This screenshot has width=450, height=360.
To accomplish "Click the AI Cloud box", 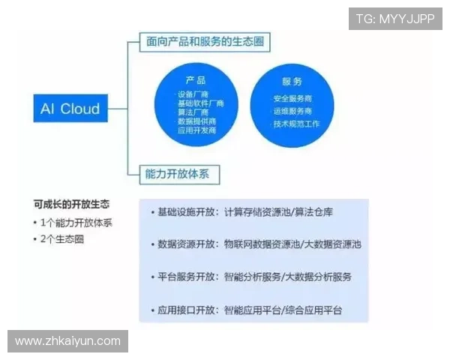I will tap(70, 109).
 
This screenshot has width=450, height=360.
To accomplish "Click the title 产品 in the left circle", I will tap(196, 80).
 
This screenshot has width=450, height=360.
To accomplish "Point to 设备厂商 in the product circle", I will tap(196, 94).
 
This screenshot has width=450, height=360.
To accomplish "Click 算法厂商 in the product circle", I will tap(196, 112).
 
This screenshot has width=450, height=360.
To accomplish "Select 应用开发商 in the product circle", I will tap(196, 130).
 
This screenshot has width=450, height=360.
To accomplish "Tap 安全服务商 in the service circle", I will tap(292, 98).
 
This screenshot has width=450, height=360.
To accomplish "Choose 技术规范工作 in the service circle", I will tap(295, 123).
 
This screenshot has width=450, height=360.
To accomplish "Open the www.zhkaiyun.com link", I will tap(68, 341).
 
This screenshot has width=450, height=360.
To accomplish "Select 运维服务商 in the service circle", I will tap(292, 111).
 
